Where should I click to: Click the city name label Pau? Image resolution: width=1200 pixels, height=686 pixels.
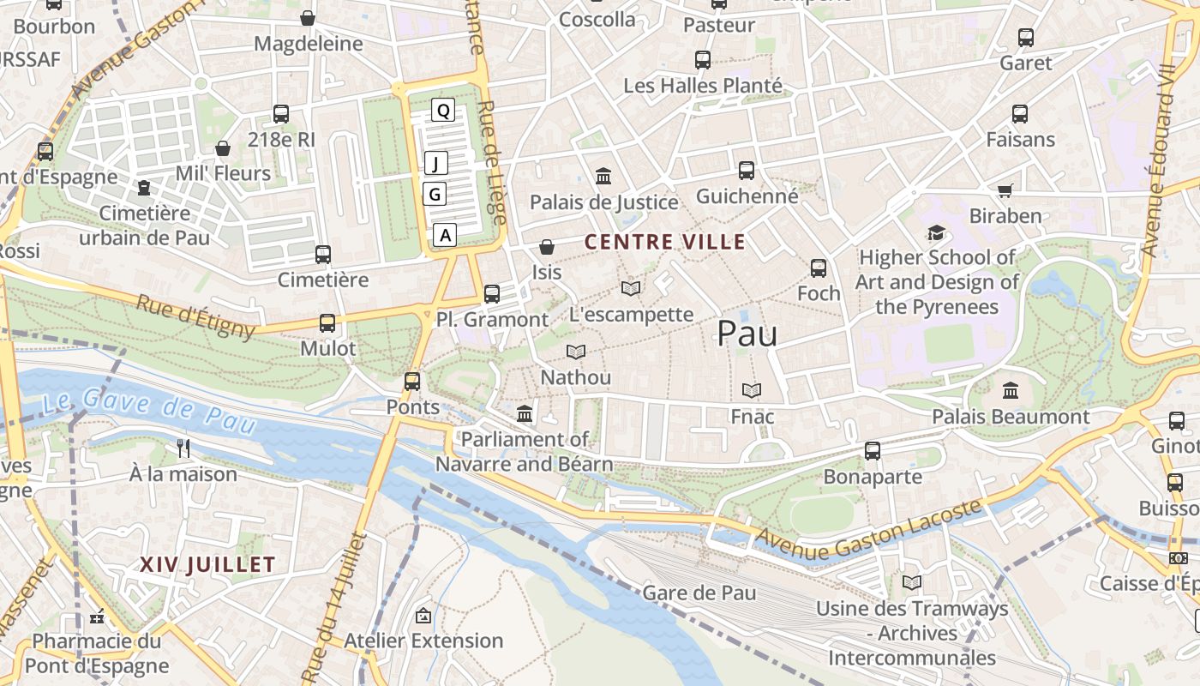(747, 334)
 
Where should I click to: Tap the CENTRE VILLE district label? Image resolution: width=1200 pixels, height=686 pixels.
(665, 242)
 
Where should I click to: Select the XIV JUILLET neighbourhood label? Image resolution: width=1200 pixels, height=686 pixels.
(207, 564)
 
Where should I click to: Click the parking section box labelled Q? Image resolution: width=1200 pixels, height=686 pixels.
(442, 111)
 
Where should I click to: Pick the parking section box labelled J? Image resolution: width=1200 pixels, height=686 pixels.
(436, 163)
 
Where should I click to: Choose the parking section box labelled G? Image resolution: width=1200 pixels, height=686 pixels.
(435, 195)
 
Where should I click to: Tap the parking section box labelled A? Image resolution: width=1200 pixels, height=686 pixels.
(445, 234)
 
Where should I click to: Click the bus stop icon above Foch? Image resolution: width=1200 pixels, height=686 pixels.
(819, 268)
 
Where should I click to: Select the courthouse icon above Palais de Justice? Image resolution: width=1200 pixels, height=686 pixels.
(603, 176)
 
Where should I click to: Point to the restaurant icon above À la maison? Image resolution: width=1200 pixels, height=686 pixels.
(183, 448)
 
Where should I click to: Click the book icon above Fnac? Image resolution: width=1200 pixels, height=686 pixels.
(752, 391)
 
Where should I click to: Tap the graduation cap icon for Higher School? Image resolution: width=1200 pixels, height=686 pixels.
(936, 232)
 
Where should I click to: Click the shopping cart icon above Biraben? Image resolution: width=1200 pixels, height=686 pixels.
(1005, 190)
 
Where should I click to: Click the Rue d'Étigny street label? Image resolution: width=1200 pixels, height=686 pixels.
(195, 316)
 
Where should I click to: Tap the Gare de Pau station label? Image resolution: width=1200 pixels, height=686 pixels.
(699, 593)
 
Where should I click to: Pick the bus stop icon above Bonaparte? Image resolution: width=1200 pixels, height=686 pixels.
(873, 451)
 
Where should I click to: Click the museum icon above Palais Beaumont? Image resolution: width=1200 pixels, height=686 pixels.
(1011, 391)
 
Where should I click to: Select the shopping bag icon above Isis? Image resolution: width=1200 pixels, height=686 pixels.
(546, 247)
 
